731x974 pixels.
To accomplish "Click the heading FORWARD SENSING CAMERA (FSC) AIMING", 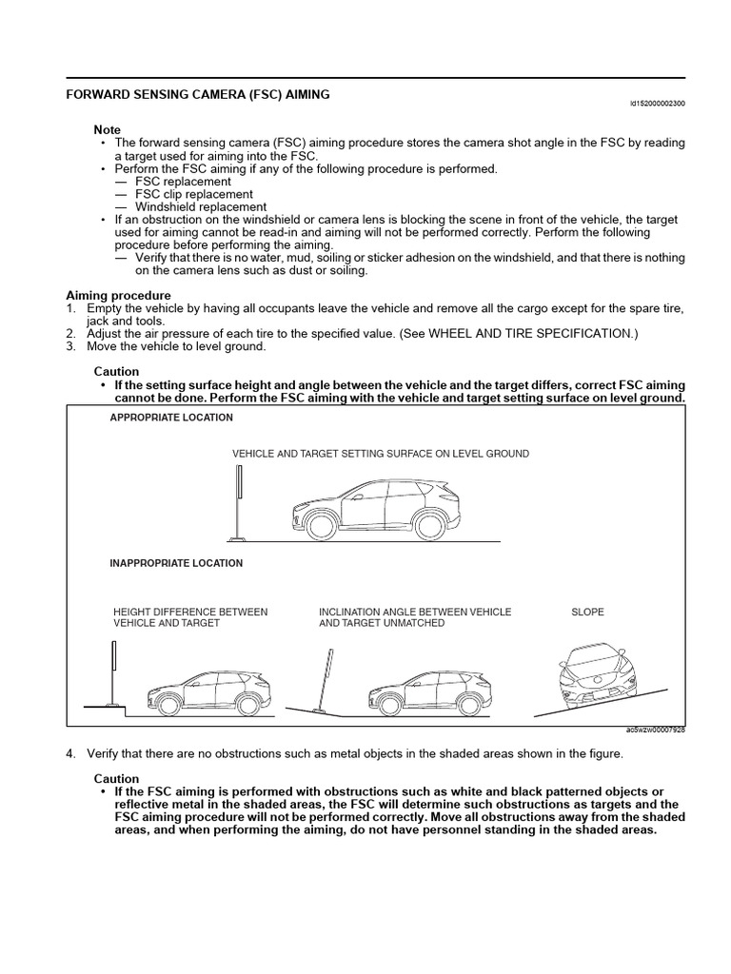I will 197,95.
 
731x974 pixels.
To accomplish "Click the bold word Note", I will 107,129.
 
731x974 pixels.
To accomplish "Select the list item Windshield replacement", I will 200,206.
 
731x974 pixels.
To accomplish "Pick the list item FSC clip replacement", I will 194,194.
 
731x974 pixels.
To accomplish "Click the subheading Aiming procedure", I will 118,296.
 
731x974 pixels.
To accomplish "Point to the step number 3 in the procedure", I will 70,346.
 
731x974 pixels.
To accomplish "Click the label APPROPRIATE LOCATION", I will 171,418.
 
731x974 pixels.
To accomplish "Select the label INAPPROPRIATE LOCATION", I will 176,563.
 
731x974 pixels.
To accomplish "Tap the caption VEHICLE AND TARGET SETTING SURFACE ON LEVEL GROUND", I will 381,454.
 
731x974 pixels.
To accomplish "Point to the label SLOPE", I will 587,612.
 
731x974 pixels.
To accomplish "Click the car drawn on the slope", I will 598,677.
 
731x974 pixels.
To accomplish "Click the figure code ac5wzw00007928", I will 655,730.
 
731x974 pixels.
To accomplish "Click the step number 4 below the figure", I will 70,753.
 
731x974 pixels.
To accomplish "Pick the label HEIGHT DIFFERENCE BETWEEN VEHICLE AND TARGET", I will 190,617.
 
